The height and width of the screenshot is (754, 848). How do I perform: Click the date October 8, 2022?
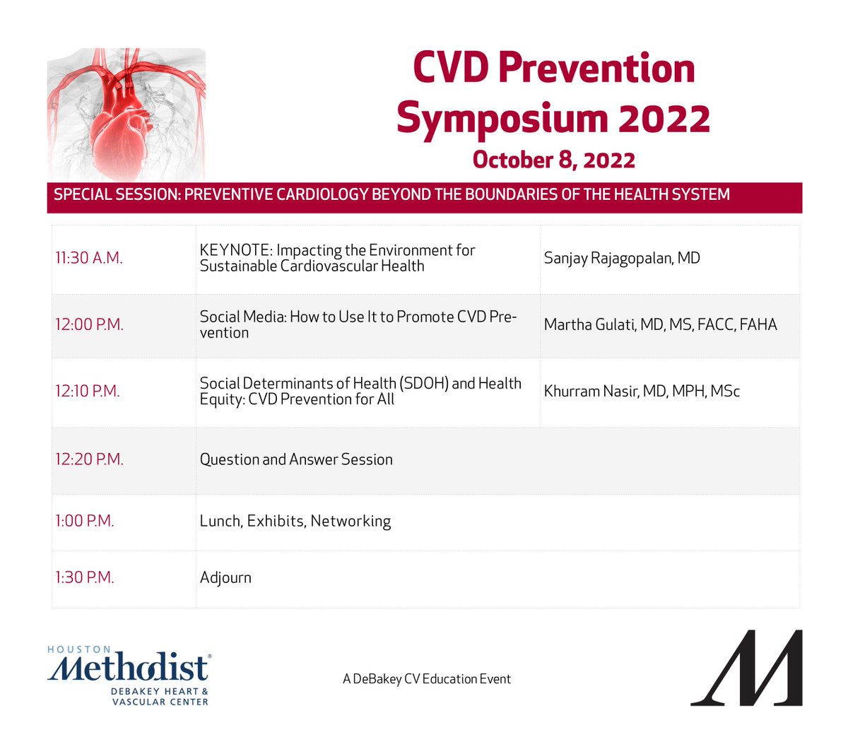(x=553, y=160)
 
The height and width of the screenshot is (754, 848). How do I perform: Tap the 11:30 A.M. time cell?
(x=89, y=259)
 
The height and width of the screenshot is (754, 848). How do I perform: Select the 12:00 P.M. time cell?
(x=89, y=325)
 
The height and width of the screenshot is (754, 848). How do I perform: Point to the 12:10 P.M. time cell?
(x=88, y=391)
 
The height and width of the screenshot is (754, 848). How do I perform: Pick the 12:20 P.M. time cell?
(x=89, y=459)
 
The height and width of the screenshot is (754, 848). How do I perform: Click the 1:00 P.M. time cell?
(x=85, y=522)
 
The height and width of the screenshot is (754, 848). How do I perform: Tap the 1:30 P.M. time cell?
(x=85, y=578)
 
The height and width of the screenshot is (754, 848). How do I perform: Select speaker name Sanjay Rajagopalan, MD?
(x=622, y=259)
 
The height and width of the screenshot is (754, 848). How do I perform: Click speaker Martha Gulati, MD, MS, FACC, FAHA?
(x=660, y=325)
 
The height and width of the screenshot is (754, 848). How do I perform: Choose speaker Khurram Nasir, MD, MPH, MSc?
(x=642, y=391)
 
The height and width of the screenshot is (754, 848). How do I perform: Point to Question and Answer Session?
(x=296, y=459)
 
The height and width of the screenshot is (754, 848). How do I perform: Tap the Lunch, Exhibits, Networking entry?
(x=295, y=522)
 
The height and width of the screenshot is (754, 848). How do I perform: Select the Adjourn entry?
(x=225, y=578)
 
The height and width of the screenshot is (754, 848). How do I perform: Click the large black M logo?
(x=747, y=668)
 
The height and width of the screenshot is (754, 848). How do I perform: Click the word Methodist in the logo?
(x=129, y=668)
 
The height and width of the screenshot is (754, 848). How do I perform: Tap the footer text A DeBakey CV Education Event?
(x=427, y=679)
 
